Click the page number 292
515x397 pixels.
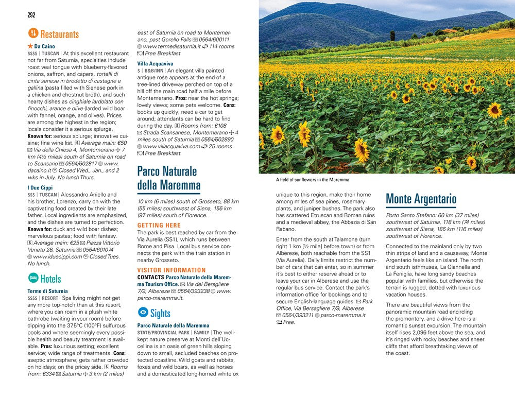coord(31,14)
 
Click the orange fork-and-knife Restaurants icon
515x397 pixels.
coord(32,34)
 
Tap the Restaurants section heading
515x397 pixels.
coord(59,34)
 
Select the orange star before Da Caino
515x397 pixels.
coord(30,46)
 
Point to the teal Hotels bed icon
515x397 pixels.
coord(32,279)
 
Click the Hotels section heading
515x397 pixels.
coord(50,279)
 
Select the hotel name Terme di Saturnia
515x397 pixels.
coord(47,291)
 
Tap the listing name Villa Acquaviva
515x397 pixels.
coord(155,64)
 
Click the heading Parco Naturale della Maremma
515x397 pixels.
coord(167,177)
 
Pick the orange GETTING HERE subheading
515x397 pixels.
coord(159,226)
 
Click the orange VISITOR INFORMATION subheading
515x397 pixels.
coord(171,270)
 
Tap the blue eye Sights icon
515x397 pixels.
coord(143,313)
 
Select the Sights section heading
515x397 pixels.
coord(160,313)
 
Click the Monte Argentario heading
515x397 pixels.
coord(421,198)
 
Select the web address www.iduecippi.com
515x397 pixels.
coord(54,256)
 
